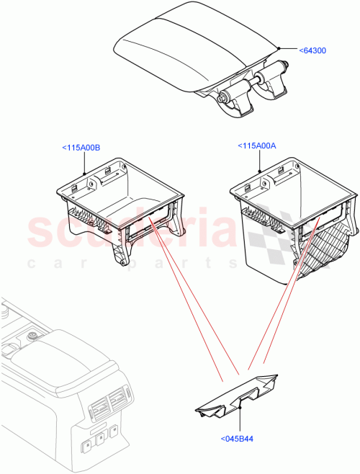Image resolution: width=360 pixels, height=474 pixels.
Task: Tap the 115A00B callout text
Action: click(81, 148)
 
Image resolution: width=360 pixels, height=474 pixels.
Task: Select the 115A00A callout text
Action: click(256, 146)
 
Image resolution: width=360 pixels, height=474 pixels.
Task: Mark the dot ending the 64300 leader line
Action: click(278, 48)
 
